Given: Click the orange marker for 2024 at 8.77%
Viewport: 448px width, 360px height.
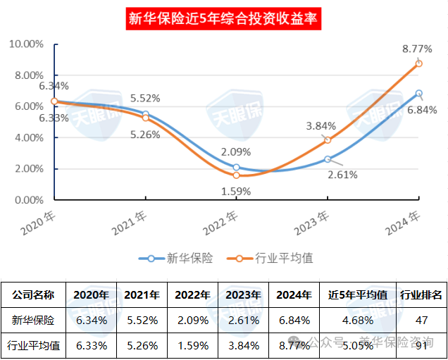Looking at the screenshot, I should pyautogui.click(x=418, y=63).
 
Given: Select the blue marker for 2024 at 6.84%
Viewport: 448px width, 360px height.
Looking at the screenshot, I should pyautogui.click(x=418, y=93).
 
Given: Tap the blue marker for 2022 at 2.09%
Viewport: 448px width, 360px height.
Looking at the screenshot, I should pyautogui.click(x=236, y=168).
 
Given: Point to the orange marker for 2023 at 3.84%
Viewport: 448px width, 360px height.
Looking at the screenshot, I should pyautogui.click(x=328, y=140).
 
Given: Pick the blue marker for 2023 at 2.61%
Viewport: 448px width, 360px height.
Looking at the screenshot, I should pyautogui.click(x=328, y=159).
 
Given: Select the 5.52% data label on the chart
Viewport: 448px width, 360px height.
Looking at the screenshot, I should pyautogui.click(x=146, y=99).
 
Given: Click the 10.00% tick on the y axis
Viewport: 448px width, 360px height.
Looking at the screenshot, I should pyautogui.click(x=26, y=44).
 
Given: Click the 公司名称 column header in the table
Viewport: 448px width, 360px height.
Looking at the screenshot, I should pyautogui.click(x=35, y=294).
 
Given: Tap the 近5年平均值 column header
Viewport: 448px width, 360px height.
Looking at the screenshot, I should pyautogui.click(x=358, y=294).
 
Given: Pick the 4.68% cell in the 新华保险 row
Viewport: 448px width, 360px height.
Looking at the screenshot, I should pyautogui.click(x=358, y=320).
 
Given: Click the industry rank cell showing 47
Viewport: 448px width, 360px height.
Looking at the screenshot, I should pyautogui.click(x=421, y=320).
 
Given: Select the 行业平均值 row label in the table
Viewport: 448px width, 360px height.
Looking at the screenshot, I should pyautogui.click(x=35, y=345).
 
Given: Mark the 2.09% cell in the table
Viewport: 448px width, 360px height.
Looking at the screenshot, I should pyautogui.click(x=192, y=320).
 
